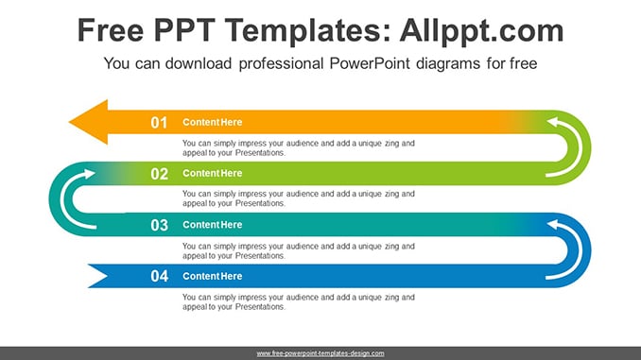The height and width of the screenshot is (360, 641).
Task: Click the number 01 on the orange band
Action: (159, 123)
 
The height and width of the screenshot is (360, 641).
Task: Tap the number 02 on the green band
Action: (159, 174)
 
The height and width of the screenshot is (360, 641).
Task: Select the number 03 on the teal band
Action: (159, 225)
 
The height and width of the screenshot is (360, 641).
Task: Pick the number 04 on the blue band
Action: (159, 276)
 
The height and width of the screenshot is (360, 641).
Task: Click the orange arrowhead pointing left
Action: (89, 122)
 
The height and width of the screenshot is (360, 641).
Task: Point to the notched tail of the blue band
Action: (98, 276)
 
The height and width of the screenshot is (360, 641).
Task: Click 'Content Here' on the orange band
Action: (212, 122)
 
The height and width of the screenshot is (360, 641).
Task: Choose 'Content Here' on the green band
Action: (212, 173)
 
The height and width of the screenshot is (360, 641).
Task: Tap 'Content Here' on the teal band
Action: (212, 225)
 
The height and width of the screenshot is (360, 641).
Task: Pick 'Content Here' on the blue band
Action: (212, 276)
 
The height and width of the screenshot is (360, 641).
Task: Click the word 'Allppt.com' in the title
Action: (481, 31)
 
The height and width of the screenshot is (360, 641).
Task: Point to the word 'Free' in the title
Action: (111, 30)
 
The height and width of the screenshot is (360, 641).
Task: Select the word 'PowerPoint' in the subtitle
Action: (370, 63)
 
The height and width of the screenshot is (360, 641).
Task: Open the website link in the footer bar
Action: (320, 353)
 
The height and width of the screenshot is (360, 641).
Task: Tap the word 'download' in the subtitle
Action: (199, 63)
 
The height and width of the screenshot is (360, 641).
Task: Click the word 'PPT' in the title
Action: (184, 30)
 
